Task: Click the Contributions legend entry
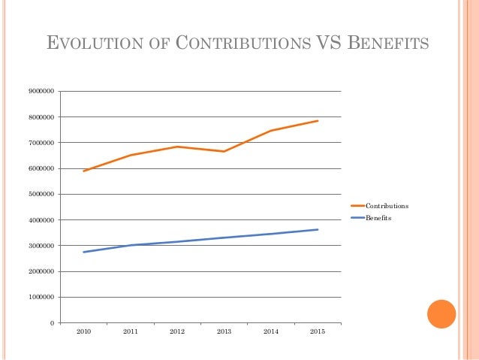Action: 387,205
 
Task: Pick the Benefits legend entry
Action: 378,218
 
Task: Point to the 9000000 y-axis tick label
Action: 42,92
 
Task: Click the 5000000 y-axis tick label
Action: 42,195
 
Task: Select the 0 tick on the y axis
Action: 52,323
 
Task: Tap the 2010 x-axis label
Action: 83,331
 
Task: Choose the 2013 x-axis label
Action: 224,331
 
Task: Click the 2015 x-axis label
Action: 318,331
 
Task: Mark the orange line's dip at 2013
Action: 224,151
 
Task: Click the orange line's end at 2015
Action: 318,120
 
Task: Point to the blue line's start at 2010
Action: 83,252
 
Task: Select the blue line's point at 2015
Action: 318,229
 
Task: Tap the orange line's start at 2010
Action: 83,171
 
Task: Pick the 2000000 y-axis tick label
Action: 42,271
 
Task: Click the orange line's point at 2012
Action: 177,147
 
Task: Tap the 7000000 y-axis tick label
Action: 42,143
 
